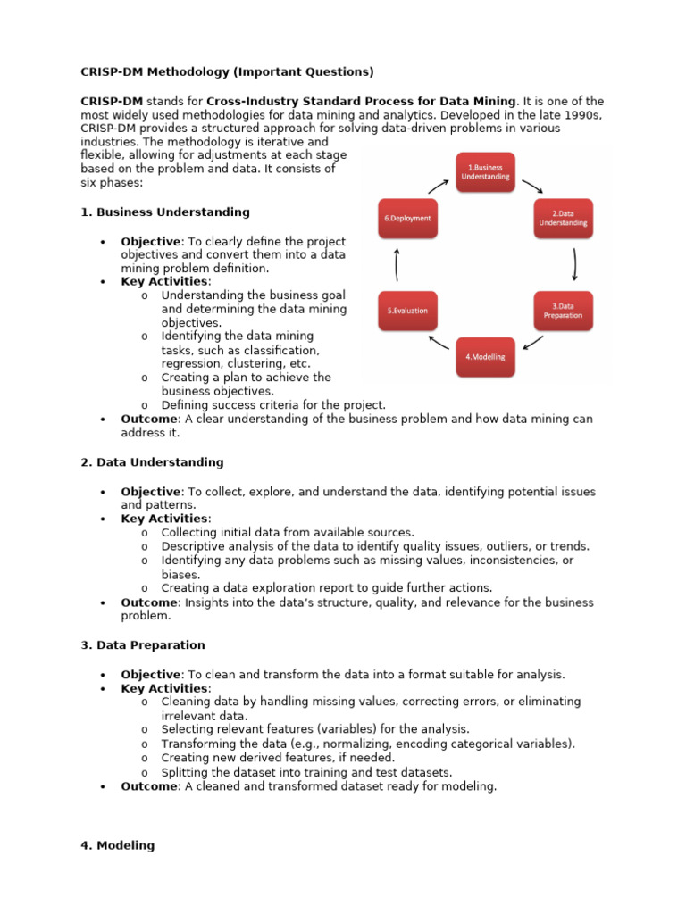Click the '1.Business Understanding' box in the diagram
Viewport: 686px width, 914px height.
pos(486,171)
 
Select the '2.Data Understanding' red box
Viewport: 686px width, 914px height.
pos(563,218)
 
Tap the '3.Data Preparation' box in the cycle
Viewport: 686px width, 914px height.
pos(563,310)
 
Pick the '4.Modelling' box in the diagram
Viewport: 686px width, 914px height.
pos(485,356)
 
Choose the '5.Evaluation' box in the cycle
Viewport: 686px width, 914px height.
pos(407,310)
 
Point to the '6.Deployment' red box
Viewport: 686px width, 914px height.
pos(407,218)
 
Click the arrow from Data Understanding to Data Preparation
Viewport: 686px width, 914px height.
pos(575,263)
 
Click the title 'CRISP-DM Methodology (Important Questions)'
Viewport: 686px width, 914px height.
pos(227,71)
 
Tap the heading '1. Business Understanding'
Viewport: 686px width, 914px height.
pos(165,212)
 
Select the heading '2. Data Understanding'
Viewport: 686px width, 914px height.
pos(152,462)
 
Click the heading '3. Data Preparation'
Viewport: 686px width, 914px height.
pos(143,645)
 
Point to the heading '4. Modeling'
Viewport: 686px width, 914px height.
pos(117,845)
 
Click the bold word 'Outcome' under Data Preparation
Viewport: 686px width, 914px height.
pos(149,786)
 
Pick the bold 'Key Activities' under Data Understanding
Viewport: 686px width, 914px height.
pos(165,519)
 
